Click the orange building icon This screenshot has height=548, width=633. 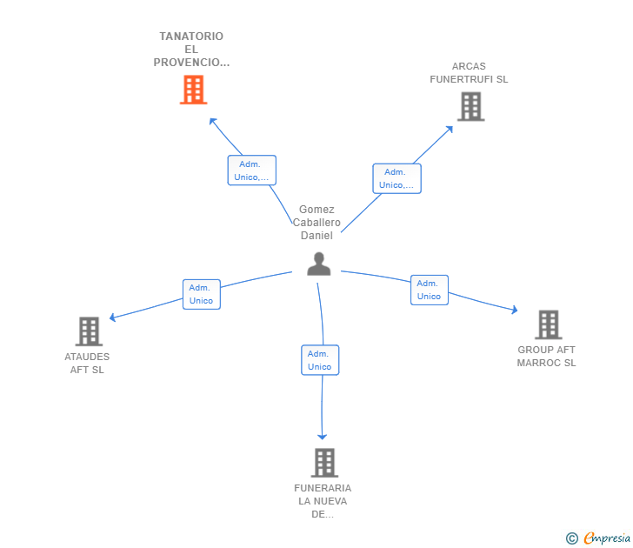[193, 90]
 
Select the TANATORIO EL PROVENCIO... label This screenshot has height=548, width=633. [191, 50]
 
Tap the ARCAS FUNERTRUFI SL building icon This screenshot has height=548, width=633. [470, 107]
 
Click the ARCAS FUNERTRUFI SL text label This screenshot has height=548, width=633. [469, 73]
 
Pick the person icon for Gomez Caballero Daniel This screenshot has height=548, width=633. [319, 264]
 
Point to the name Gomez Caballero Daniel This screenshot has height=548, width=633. [316, 223]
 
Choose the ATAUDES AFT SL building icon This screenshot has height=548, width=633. [89, 331]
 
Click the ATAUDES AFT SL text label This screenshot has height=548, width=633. [87, 363]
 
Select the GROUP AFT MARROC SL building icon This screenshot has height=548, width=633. [549, 324]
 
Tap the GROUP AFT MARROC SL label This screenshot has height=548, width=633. [546, 356]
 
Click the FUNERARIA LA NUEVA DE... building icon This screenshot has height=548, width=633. [324, 463]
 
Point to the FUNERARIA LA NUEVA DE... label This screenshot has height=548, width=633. [323, 501]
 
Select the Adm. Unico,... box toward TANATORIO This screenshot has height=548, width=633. [252, 170]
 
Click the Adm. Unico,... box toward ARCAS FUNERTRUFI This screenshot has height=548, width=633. [396, 178]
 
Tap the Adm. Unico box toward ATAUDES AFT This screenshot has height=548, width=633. [202, 294]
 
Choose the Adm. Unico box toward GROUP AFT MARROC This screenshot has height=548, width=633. [430, 290]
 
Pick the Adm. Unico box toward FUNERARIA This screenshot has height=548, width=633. [320, 360]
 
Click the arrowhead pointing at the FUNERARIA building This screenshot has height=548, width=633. [322, 437]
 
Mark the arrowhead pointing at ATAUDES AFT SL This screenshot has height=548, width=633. [113, 317]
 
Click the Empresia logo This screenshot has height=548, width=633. [598, 538]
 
